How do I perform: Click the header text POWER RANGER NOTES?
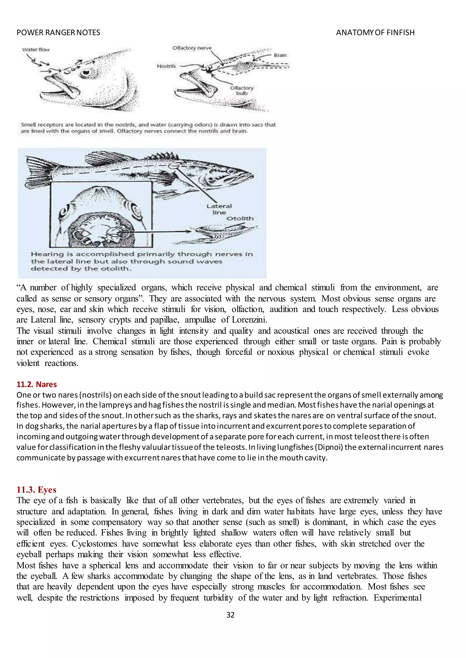coord(58,33)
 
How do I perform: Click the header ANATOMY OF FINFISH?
coord(375,33)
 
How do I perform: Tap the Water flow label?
coord(36,50)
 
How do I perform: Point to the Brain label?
coord(280,55)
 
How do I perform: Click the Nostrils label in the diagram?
coord(166,66)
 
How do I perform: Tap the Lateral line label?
coord(219,209)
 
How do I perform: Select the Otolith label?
coord(240,219)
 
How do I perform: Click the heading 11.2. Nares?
coord(36,384)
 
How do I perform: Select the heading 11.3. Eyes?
coord(36,490)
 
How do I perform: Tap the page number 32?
coord(230,615)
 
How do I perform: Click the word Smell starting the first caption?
coord(28,125)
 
